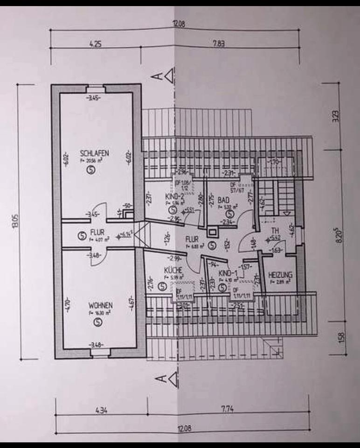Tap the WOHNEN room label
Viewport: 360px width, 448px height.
click(x=100, y=306)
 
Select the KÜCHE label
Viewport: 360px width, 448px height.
click(x=172, y=270)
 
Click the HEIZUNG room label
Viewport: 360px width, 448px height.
click(x=280, y=275)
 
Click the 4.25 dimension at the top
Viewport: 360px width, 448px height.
click(x=95, y=45)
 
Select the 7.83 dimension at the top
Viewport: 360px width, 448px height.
click(x=219, y=44)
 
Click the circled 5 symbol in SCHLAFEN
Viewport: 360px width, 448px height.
click(x=91, y=171)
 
